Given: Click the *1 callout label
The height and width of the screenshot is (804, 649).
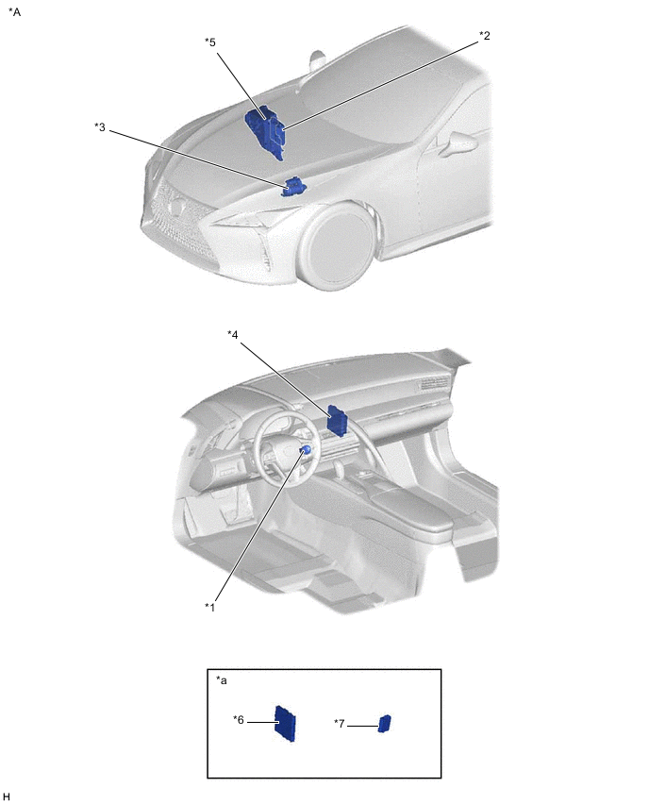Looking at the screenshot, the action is (x=209, y=607).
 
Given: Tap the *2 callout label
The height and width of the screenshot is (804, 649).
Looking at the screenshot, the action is (x=485, y=35).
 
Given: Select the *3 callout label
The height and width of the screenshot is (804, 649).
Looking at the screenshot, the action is (x=100, y=126).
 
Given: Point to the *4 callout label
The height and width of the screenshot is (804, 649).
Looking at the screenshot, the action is (x=233, y=334).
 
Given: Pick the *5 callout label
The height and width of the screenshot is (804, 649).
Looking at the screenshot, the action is (x=210, y=42).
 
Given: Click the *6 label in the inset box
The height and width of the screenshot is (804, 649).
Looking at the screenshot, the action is (x=239, y=720).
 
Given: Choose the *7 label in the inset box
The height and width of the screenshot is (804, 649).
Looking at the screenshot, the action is (x=340, y=724).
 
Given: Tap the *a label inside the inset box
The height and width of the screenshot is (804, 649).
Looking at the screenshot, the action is (x=222, y=680).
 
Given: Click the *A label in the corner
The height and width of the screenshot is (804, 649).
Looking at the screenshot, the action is (x=15, y=11).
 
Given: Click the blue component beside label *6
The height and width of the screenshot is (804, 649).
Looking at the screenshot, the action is (x=286, y=724).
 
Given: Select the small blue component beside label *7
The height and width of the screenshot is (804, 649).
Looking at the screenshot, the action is (x=385, y=724).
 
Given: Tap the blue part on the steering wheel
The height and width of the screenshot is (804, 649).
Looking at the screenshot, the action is (x=306, y=450).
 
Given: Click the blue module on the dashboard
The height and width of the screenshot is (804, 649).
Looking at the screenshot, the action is (x=338, y=421).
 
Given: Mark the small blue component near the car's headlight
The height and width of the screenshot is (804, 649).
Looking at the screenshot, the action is (x=293, y=187).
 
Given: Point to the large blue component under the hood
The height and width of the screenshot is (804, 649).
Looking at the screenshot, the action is (x=266, y=131).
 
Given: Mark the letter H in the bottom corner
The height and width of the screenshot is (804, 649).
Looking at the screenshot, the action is (x=7, y=796).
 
